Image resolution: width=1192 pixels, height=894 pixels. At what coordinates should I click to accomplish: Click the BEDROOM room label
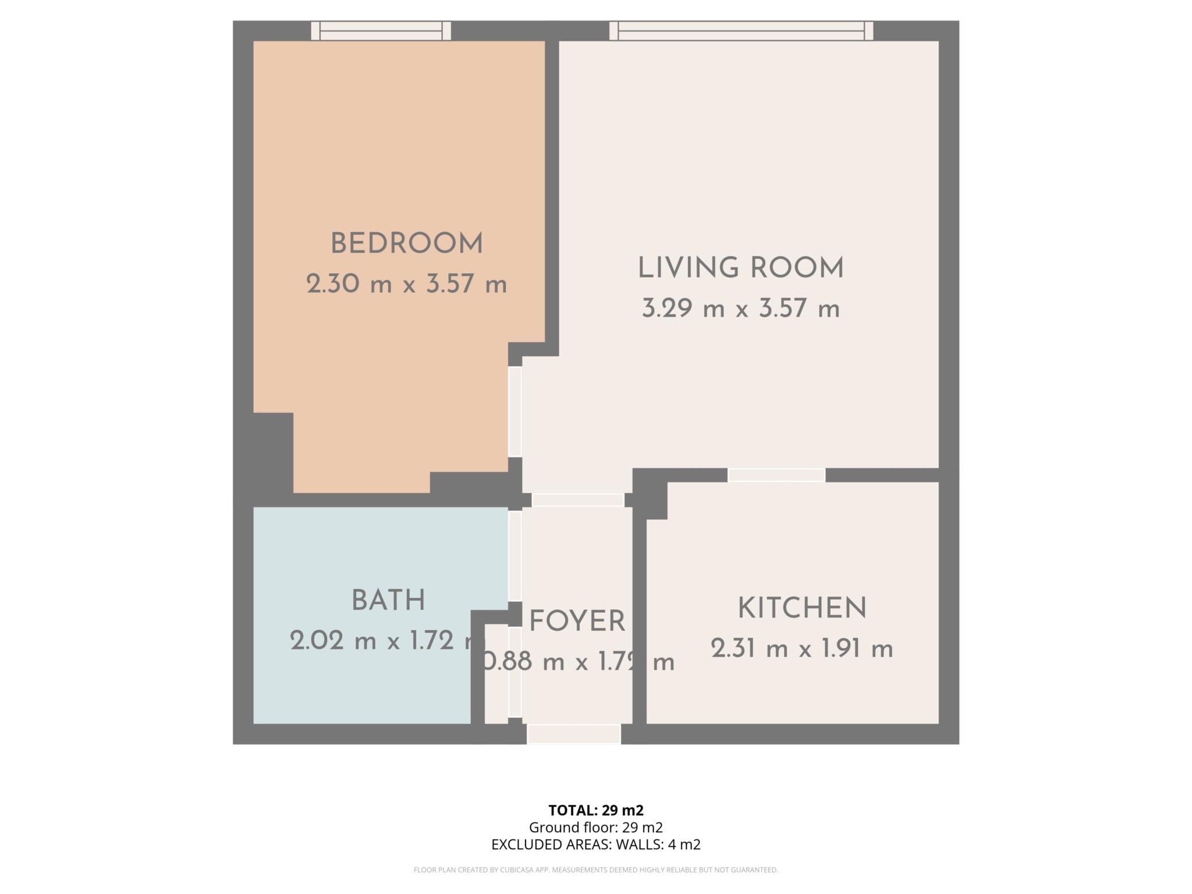(x=406, y=244)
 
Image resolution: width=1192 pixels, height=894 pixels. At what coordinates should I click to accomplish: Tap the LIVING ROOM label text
(x=740, y=268)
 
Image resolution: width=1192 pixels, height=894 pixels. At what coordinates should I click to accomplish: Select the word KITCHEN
(x=802, y=609)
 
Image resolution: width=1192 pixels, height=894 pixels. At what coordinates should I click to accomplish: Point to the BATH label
(x=388, y=601)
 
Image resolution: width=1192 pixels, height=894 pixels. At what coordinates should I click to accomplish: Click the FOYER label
(x=577, y=622)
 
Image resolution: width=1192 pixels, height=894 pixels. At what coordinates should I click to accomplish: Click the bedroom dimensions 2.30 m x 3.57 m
(x=406, y=285)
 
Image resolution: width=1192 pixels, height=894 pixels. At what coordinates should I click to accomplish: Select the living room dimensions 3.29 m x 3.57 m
(x=740, y=308)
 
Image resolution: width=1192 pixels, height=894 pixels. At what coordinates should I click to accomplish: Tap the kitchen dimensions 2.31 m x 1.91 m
(x=802, y=649)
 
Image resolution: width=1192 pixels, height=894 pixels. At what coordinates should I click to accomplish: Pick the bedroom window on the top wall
(x=381, y=31)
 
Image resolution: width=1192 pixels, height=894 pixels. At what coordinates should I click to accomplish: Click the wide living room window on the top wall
(x=741, y=31)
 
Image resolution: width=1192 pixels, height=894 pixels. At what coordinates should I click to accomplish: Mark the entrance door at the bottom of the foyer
(x=574, y=734)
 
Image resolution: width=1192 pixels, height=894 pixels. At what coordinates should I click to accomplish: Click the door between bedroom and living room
(x=515, y=411)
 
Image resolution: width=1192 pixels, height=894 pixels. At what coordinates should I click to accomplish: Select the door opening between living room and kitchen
(x=776, y=475)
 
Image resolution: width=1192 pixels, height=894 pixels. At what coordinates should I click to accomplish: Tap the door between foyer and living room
(x=578, y=500)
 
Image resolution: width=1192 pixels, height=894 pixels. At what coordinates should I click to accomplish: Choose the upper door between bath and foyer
(x=515, y=556)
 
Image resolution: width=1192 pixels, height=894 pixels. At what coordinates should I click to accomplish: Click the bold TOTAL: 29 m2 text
(x=595, y=810)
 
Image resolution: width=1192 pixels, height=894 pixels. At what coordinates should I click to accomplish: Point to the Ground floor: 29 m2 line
(x=595, y=827)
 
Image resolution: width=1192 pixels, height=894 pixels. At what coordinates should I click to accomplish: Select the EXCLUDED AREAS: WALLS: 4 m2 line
(x=595, y=845)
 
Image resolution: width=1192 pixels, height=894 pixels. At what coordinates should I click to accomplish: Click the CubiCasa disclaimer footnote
(x=595, y=870)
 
